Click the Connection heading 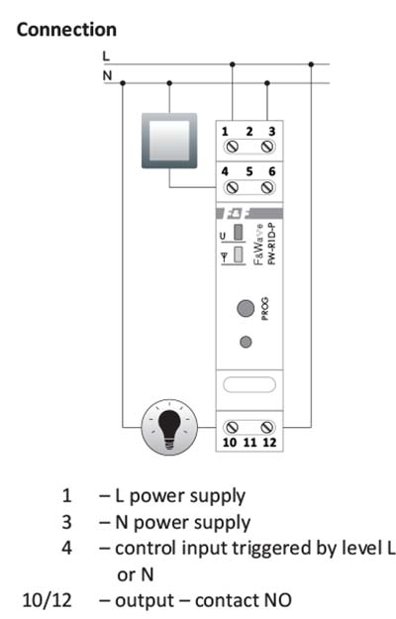tap(66, 30)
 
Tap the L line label tap(106, 56)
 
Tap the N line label tap(107, 75)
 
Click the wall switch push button tap(169, 141)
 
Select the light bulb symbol tap(169, 427)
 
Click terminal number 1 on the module tap(225, 132)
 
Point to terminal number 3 tap(272, 132)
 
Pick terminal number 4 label tap(225, 171)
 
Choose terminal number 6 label tap(272, 171)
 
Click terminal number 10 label tap(229, 443)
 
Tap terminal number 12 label tap(269, 443)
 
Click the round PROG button tap(246, 308)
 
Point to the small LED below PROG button tap(246, 342)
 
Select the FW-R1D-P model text tap(272, 244)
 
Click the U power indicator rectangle tap(239, 232)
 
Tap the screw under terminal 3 tap(267, 147)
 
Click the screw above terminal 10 tap(231, 427)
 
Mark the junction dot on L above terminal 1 tap(233, 64)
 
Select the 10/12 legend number tap(48, 600)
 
